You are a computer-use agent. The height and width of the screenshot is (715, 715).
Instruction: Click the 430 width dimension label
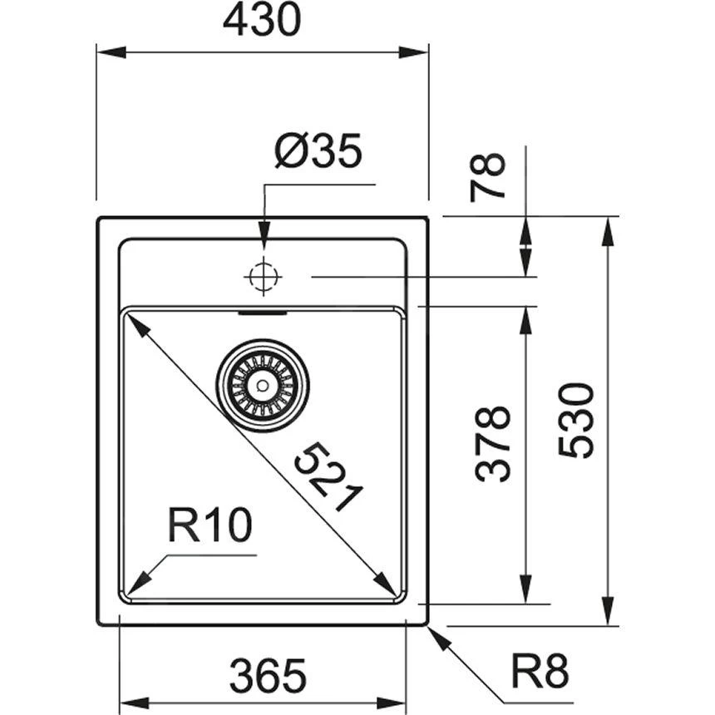[262, 21]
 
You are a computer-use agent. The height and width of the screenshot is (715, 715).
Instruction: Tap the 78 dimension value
[489, 176]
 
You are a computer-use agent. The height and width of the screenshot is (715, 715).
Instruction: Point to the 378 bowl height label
[492, 443]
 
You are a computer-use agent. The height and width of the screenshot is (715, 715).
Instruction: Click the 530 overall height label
[576, 421]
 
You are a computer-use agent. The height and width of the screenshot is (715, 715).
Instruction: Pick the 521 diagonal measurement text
[329, 477]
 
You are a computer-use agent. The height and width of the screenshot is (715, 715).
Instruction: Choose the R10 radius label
[209, 525]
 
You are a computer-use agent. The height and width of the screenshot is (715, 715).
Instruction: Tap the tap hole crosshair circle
[263, 276]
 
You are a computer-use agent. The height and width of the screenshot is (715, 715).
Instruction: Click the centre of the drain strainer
[263, 385]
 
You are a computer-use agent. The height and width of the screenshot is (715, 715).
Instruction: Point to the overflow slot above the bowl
[263, 313]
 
